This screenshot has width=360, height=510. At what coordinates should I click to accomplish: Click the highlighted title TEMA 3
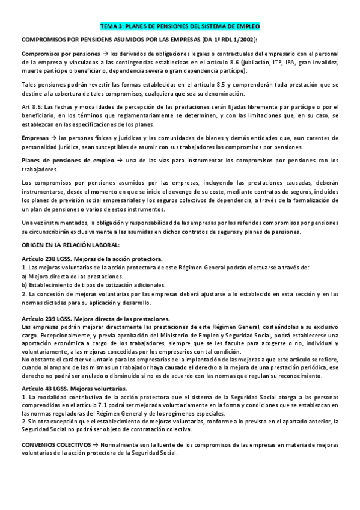coord(179,27)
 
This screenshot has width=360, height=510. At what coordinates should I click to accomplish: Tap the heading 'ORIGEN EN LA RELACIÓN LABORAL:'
coord(70,229)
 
